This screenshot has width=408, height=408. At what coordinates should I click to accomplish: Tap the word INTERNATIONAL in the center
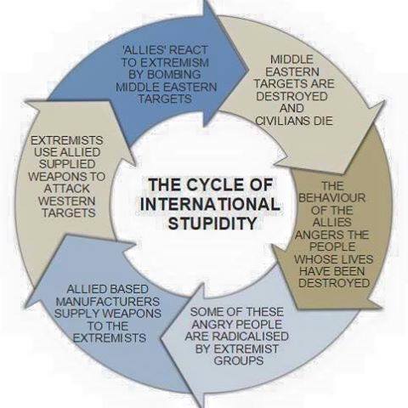coord(210,204)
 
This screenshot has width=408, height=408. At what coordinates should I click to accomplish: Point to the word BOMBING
coord(165,74)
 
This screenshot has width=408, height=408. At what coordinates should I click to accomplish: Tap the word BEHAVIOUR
coord(331,198)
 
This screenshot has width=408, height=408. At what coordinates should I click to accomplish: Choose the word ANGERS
coord(320,235)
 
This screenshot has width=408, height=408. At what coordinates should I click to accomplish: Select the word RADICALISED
coord(252,337)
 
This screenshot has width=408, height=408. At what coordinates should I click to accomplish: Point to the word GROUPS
coord(239,360)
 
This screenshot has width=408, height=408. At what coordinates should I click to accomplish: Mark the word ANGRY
coord(211,324)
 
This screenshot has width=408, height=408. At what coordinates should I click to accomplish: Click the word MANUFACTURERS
coord(108,301)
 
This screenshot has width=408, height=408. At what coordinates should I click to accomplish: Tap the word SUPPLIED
coord(67,164)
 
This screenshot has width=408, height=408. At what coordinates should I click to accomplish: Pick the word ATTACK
coord(67,189)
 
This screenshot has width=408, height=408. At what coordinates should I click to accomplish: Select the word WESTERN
coord(67,201)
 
